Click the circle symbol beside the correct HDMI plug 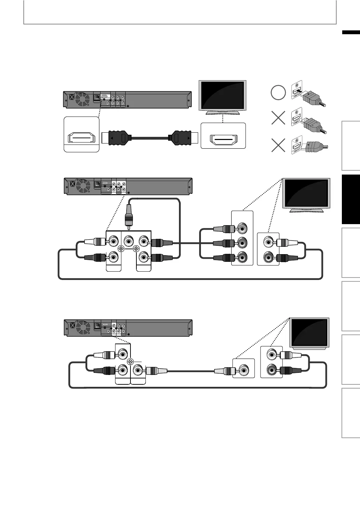click(x=278, y=93)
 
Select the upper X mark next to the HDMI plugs click(x=278, y=118)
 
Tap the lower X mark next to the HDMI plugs click(x=278, y=145)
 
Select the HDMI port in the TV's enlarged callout click(x=223, y=140)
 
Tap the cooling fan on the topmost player click(x=83, y=99)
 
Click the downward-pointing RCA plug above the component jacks click(x=129, y=216)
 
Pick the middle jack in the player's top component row click(x=129, y=241)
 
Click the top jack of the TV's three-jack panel click(x=242, y=228)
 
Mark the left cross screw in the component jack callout click(x=121, y=249)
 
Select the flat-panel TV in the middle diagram click(x=307, y=195)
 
